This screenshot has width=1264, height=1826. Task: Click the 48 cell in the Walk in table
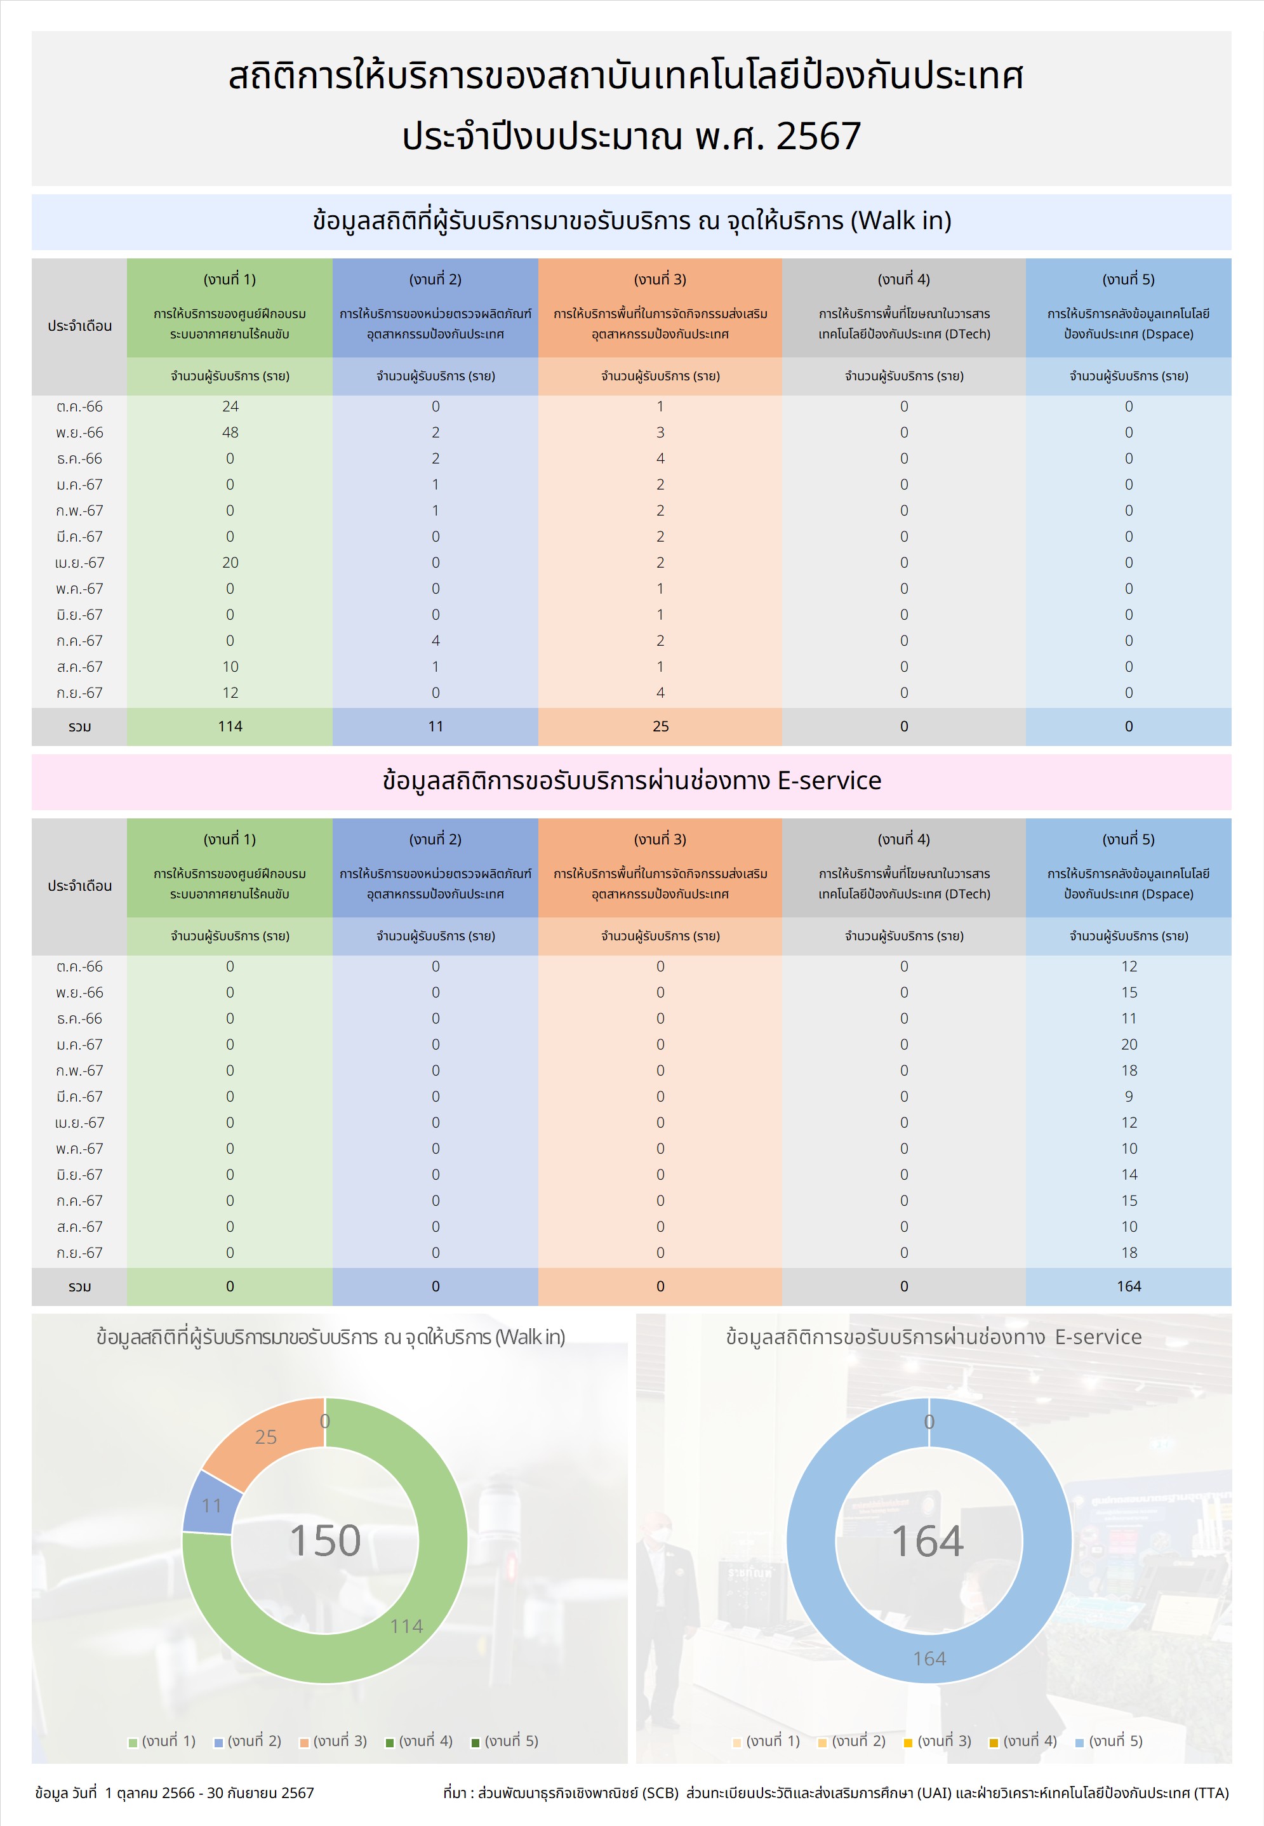click(x=230, y=432)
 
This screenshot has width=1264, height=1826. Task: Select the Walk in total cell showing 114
click(x=230, y=726)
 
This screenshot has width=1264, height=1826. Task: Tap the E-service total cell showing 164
click(x=1129, y=1286)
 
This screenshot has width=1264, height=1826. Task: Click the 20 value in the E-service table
click(x=1129, y=1044)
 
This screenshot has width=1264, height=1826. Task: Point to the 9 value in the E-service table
click(x=1129, y=1096)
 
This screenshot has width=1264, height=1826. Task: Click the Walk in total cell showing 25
click(x=660, y=726)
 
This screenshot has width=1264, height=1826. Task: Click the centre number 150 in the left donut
click(x=324, y=1540)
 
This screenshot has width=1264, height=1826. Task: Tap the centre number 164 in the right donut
click(x=928, y=1540)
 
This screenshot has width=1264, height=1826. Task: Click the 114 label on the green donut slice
click(x=406, y=1625)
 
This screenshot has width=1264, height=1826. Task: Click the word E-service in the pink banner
click(x=828, y=781)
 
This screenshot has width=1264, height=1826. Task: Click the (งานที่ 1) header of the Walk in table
click(x=230, y=279)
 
